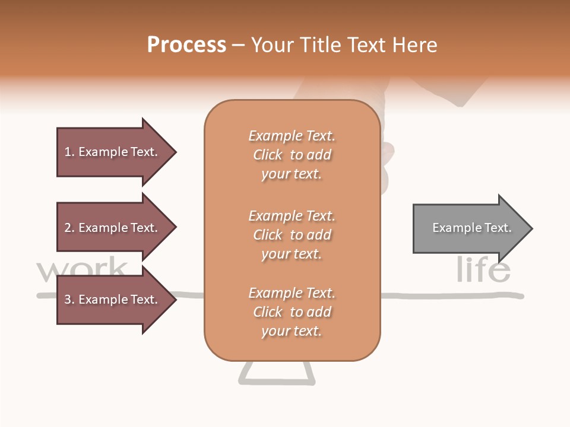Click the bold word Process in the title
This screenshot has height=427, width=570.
(186, 45)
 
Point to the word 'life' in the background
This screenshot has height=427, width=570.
(483, 270)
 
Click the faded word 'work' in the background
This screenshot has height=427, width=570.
(81, 270)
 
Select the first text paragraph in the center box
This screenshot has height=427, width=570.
(292, 155)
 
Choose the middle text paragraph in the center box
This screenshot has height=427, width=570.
(292, 235)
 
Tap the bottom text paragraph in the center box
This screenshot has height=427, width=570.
(292, 312)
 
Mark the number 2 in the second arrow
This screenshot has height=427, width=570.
(68, 228)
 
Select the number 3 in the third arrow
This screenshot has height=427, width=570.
(68, 299)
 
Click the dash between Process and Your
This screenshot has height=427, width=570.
(239, 46)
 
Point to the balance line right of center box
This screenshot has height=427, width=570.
(451, 295)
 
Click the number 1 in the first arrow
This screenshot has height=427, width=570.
(68, 152)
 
